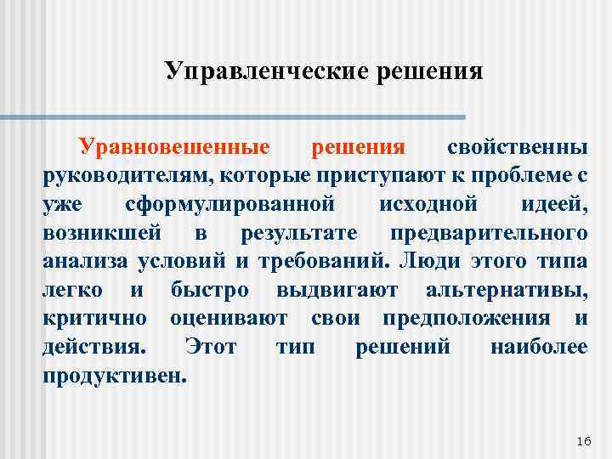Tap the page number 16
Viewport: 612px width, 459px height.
click(x=582, y=440)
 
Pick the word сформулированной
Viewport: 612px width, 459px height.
click(x=227, y=206)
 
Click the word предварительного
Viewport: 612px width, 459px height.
click(x=489, y=234)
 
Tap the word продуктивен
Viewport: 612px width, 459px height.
click(x=113, y=376)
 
